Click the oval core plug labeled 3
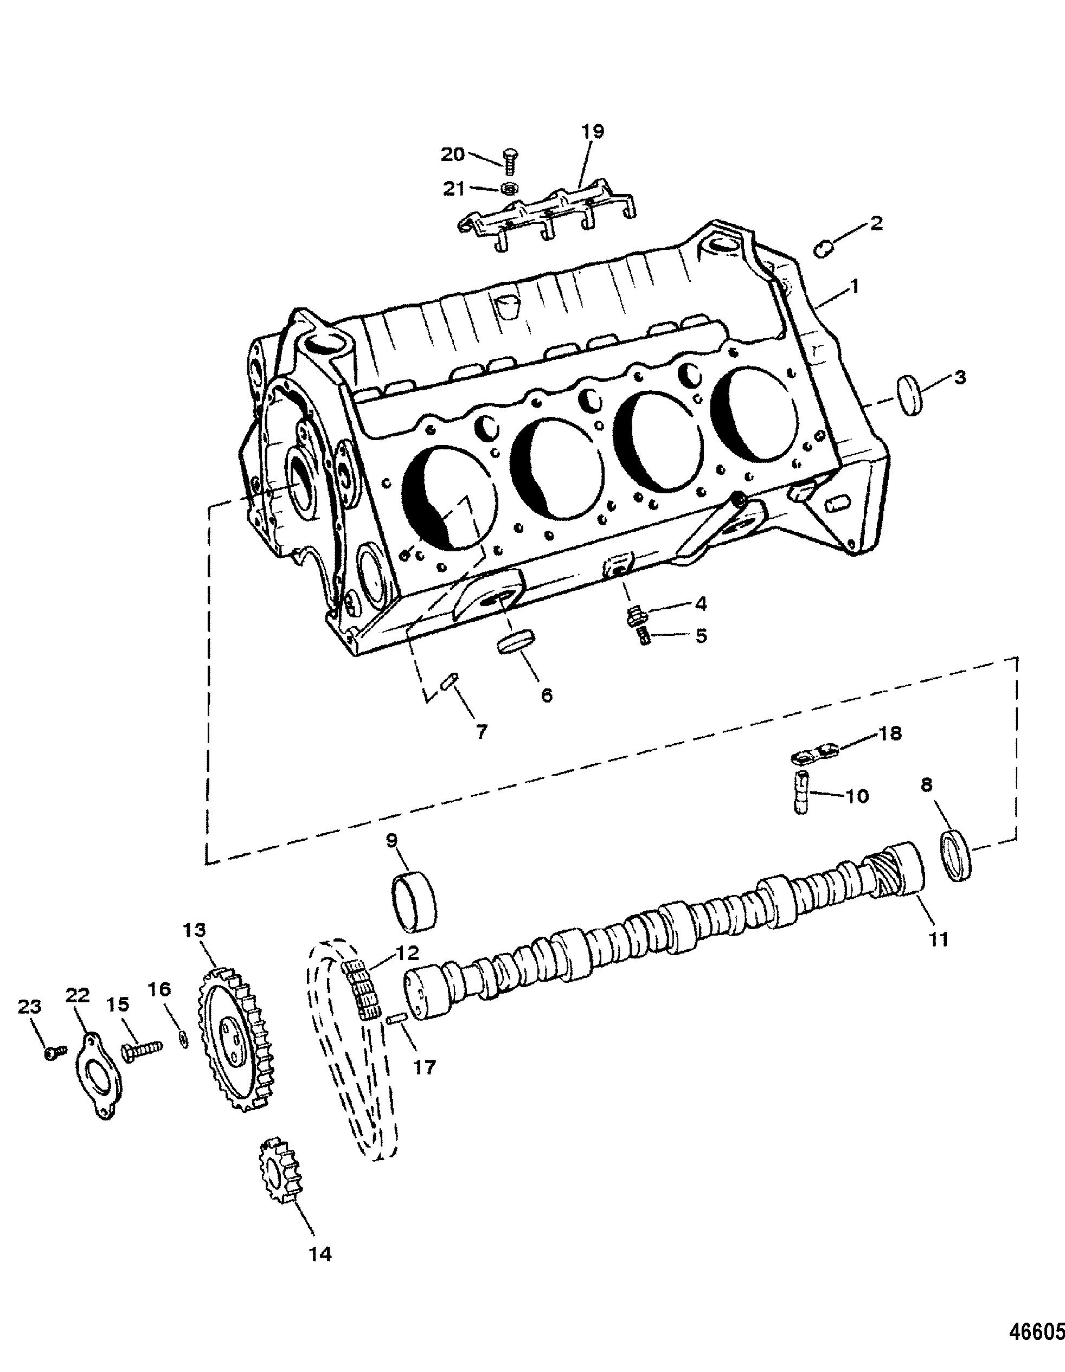pyautogui.click(x=910, y=395)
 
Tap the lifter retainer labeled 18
pyautogui.click(x=815, y=752)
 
